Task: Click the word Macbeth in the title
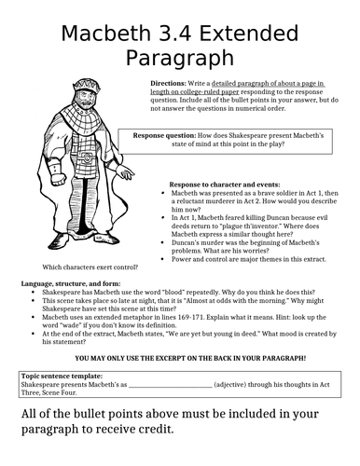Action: pos(109,34)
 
